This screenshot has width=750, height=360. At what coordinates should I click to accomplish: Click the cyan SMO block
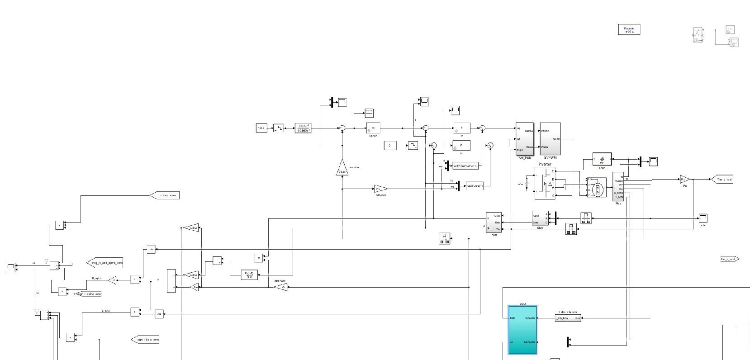tap(522, 329)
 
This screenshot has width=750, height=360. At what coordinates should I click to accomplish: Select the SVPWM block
tap(550, 139)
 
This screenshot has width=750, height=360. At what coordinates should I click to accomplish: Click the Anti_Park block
tap(525, 139)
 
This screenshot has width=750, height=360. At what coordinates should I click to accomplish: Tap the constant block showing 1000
tap(261, 128)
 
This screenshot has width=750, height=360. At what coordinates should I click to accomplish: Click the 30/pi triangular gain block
tap(342, 169)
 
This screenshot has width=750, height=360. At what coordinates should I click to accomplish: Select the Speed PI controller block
tap(373, 128)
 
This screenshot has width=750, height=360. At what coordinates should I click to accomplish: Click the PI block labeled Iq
tap(462, 128)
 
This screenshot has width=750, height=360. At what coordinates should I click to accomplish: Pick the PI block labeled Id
tap(461, 145)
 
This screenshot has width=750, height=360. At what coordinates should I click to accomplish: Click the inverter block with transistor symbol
tap(545, 183)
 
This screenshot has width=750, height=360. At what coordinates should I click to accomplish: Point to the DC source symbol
tap(527, 184)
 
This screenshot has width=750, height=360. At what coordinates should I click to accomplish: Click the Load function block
tap(602, 159)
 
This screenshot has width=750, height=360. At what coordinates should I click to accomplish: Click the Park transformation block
tap(494, 223)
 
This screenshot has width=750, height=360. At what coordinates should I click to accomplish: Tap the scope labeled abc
tap(703, 218)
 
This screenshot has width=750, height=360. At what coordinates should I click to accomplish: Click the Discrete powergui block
tap(629, 30)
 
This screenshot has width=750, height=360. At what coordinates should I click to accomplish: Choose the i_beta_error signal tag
tap(165, 195)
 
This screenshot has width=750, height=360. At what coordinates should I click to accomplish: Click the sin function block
tap(151, 249)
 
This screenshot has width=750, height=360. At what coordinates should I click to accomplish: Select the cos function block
tap(159, 314)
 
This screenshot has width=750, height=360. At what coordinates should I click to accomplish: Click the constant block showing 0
tap(390, 145)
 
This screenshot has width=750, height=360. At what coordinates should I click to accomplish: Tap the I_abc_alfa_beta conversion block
tap(568, 318)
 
